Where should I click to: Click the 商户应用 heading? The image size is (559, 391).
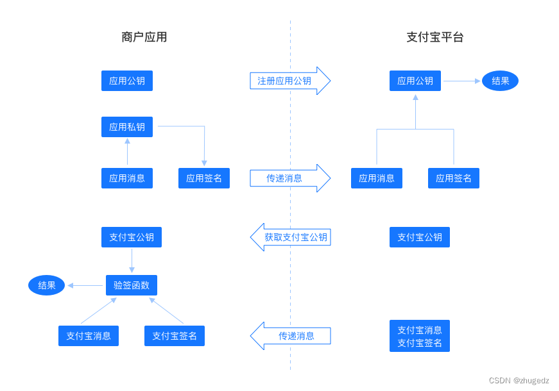[x=144, y=37]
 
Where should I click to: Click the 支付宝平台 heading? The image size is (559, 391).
[x=434, y=37]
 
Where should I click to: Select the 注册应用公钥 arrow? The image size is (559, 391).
[x=289, y=81]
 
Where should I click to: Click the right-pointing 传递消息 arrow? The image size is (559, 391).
[x=289, y=178]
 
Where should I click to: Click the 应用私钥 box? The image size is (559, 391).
[x=127, y=127]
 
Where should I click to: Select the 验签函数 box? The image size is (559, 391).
[x=132, y=285]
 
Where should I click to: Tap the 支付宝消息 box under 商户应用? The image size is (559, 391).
[x=89, y=336]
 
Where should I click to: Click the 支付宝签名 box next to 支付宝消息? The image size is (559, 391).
[x=175, y=336]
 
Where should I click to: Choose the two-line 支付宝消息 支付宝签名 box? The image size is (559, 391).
[x=420, y=336]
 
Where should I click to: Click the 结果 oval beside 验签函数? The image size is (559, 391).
[x=47, y=285]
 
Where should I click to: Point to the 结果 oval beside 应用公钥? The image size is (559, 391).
[x=500, y=81]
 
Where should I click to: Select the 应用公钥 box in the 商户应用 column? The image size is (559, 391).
[x=127, y=81]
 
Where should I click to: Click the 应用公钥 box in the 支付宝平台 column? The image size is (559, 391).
[x=415, y=81]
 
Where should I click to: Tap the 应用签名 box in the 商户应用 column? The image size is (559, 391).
[x=204, y=178]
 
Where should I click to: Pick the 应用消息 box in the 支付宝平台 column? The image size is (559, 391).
[x=377, y=178]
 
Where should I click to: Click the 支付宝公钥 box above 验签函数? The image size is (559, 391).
[x=132, y=237]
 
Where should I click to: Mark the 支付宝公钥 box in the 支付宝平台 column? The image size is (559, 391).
[x=420, y=237]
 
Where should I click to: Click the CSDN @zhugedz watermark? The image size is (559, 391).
[x=519, y=380]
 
